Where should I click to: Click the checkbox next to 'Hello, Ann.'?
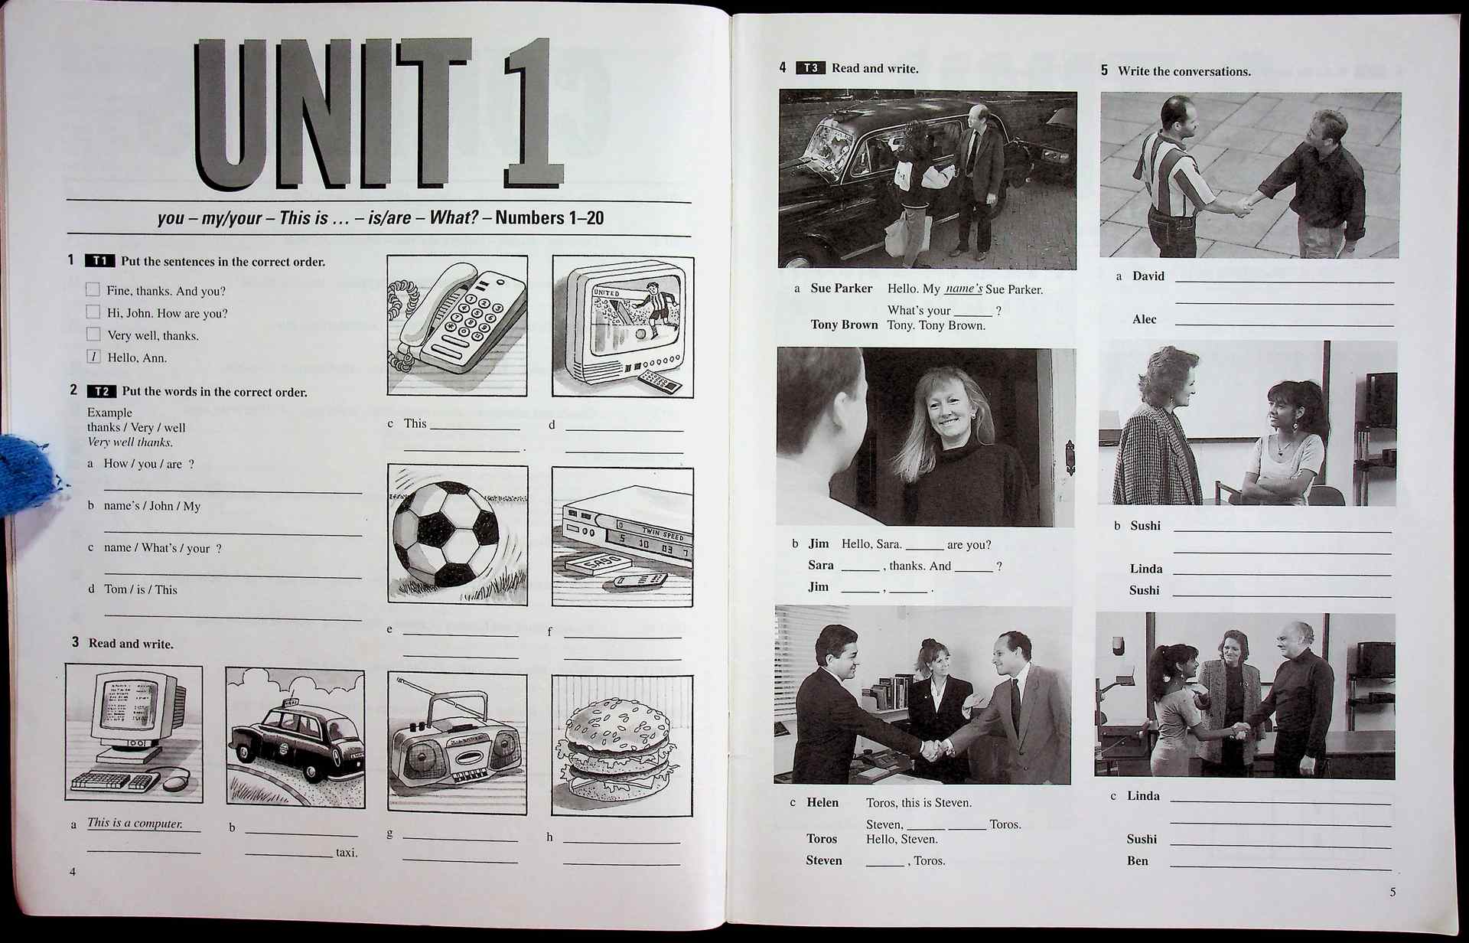coord(93,356)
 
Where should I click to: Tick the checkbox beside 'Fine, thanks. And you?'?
coord(93,289)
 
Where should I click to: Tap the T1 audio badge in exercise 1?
coord(100,261)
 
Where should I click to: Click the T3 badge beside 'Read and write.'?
coord(810,68)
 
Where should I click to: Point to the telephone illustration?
coord(457,325)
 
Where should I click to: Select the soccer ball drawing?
coord(446,533)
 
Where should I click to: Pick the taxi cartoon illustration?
coord(295,739)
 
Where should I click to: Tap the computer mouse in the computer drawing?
coord(175,782)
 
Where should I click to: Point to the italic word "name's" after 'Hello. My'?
coord(963,289)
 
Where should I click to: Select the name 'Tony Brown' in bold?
coord(844,325)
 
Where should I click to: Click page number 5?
coord(1392,892)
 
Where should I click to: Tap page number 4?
coord(73,872)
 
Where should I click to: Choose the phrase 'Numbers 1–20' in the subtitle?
coord(549,218)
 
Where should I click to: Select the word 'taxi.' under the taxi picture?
coord(346,853)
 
